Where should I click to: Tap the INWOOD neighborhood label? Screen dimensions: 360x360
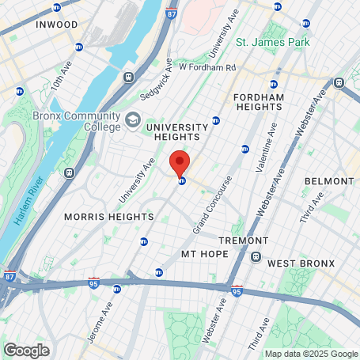(x=57, y=25)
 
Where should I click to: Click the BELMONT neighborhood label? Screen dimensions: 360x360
(x=328, y=181)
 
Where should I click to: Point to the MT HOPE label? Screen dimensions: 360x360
(x=204, y=253)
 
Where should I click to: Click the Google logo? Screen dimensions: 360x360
(x=26, y=350)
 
